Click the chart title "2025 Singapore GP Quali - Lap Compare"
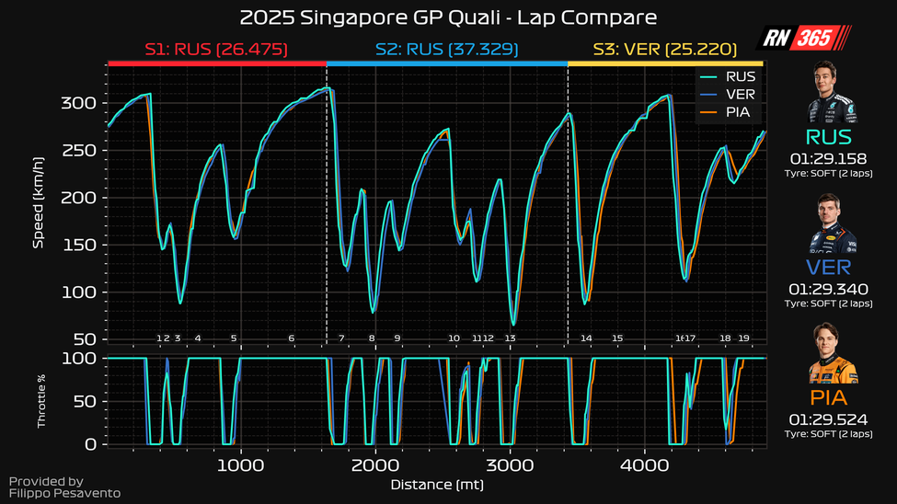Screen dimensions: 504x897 [448, 17]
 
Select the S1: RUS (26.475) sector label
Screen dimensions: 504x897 [217, 49]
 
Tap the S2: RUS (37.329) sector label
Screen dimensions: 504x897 [447, 49]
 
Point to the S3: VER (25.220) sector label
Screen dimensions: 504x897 [666, 49]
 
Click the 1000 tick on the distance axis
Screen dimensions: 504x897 [241, 464]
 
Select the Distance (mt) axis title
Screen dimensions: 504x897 [437, 484]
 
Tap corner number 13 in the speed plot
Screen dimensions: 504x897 [510, 338]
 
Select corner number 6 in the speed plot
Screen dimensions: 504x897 [292, 338]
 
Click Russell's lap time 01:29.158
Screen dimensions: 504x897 [829, 158]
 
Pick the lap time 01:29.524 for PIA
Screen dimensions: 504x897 [829, 418]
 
